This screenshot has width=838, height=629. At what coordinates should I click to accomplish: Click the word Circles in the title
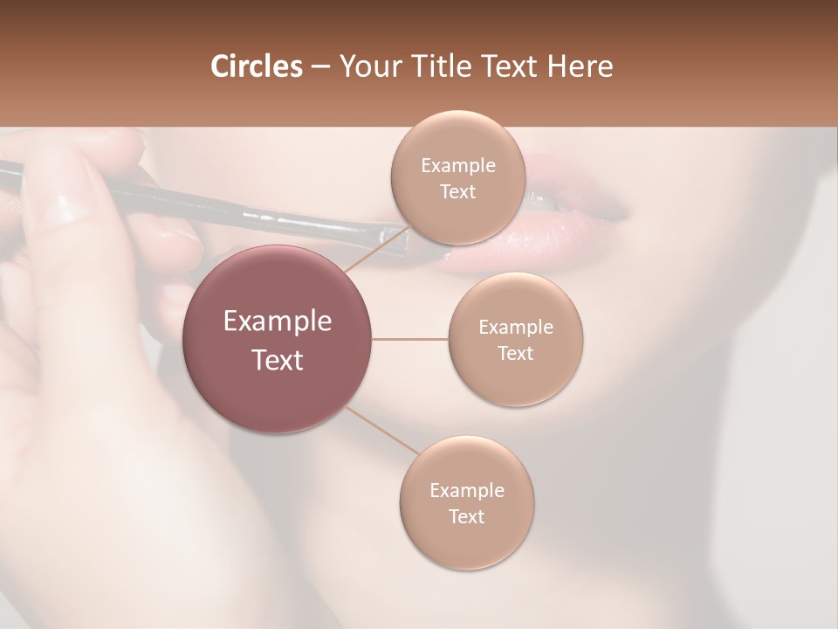256,66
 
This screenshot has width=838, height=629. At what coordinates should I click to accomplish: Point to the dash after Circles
320,67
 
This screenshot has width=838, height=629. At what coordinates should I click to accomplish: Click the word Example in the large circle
278,321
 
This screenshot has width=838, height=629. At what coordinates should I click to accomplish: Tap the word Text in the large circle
278,360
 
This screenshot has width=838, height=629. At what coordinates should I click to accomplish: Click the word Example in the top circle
457,166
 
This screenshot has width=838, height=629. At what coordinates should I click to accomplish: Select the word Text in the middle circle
515,353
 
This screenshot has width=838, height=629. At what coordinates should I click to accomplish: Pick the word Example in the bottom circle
466,490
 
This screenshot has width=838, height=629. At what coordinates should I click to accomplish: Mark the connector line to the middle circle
409,339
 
